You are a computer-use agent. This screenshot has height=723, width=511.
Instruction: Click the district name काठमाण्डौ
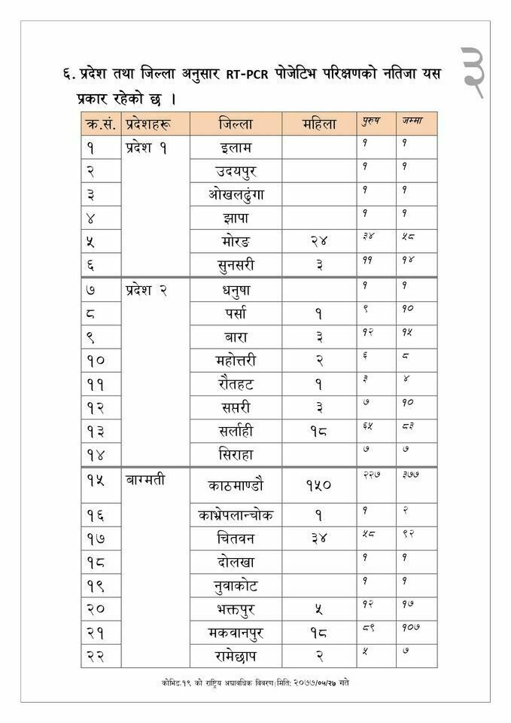(x=236, y=486)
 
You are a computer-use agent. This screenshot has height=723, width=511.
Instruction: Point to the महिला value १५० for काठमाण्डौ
(x=319, y=486)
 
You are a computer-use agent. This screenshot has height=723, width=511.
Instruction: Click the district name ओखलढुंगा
(x=236, y=194)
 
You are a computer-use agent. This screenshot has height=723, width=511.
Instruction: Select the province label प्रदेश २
(x=147, y=290)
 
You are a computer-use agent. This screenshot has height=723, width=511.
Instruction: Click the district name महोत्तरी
(x=236, y=361)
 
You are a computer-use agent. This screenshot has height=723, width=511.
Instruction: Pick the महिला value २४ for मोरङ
(x=319, y=242)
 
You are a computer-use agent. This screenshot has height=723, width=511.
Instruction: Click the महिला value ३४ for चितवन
(x=319, y=539)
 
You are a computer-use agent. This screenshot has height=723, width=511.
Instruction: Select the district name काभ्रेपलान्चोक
(x=236, y=515)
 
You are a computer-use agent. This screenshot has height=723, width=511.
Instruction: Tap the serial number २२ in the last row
(x=96, y=656)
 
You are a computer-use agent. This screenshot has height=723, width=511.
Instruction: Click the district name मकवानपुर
(x=236, y=633)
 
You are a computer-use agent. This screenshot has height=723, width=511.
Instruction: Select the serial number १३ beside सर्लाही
(x=96, y=432)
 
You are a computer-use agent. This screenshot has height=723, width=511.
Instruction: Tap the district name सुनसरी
(x=236, y=265)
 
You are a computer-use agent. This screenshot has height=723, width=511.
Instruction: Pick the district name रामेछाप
(x=236, y=656)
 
